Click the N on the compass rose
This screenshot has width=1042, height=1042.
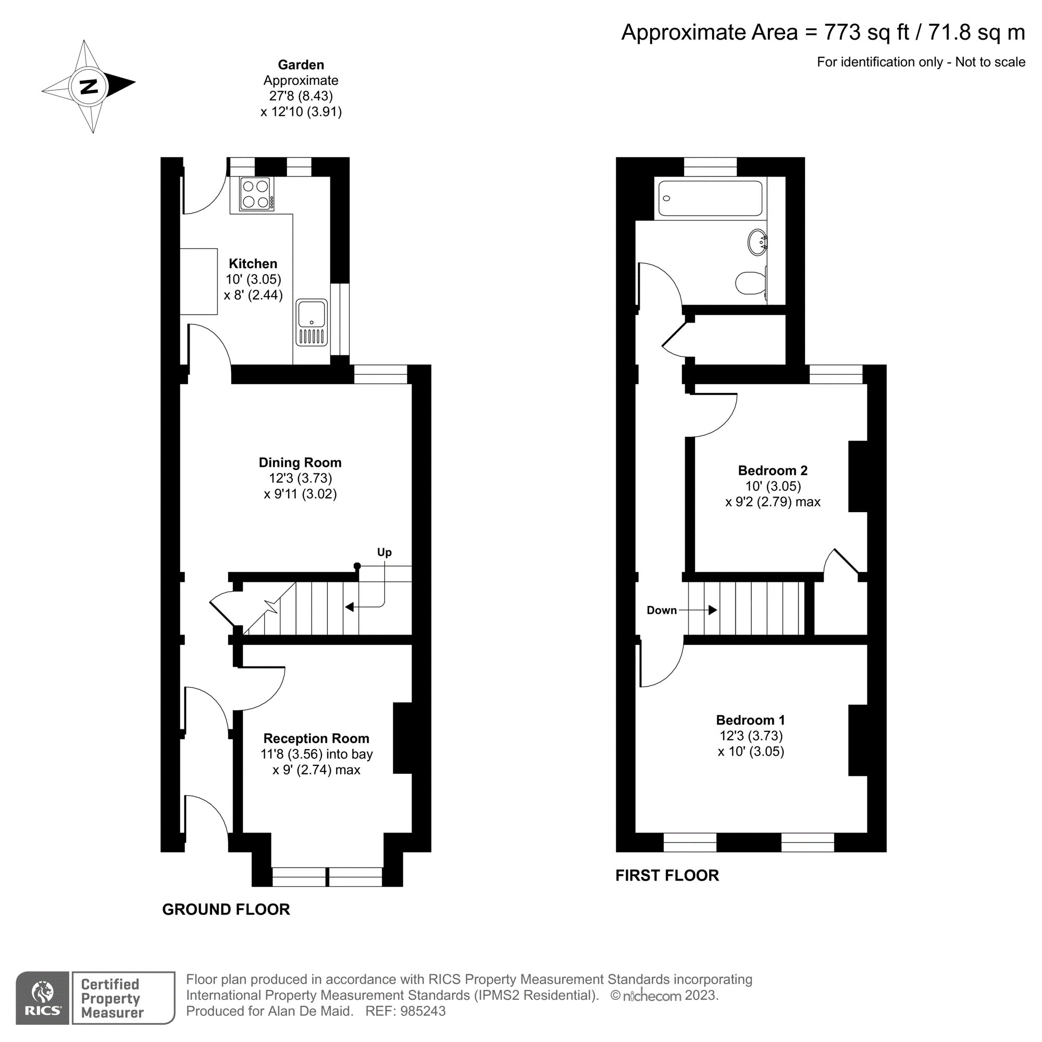89,86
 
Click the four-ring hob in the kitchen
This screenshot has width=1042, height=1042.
256,194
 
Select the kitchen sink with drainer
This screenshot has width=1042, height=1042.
312,322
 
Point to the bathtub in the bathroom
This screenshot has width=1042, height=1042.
710,199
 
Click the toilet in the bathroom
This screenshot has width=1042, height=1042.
750,282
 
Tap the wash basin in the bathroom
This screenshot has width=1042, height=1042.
757,242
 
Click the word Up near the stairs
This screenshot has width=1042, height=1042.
384,552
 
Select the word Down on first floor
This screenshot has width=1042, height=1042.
661,610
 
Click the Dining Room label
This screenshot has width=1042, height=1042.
300,462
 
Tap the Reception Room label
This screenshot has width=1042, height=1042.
316,738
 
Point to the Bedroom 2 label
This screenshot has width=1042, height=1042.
772,470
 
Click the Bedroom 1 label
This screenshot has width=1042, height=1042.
750,720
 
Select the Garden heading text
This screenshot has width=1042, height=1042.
301,65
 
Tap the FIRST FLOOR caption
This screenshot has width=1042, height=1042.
667,875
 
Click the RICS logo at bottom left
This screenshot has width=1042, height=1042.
43,997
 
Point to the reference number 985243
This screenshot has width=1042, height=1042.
423,1011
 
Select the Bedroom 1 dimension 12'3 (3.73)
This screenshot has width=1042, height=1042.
751,736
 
